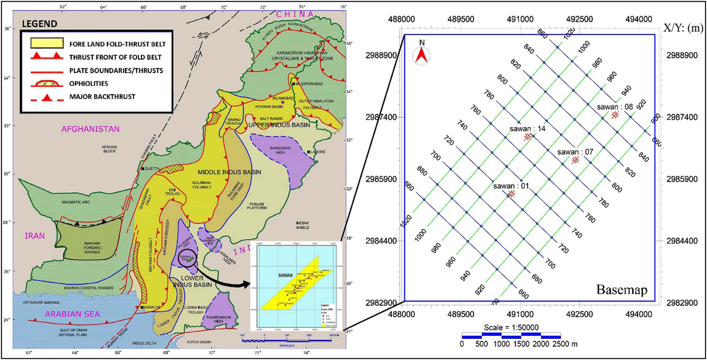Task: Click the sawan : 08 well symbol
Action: pyautogui.click(x=615, y=115)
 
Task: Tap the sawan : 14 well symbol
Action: pyautogui.click(x=527, y=137)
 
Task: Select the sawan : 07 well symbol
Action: pyautogui.click(x=575, y=160)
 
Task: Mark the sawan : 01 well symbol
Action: pyautogui.click(x=511, y=194)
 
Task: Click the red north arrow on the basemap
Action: pyautogui.click(x=421, y=56)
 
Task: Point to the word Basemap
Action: pyautogui.click(x=622, y=290)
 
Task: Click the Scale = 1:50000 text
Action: pyautogui.click(x=511, y=327)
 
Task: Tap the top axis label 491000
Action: pyautogui.click(x=520, y=19)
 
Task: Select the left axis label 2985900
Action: pyautogui.click(x=381, y=179)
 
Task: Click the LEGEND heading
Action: pyautogui.click(x=40, y=24)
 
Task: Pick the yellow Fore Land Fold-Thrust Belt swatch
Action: pyautogui.click(x=47, y=43)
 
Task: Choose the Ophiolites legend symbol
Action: pyautogui.click(x=47, y=83)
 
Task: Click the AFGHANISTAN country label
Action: pyautogui.click(x=90, y=129)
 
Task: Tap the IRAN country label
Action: pyautogui.click(x=35, y=236)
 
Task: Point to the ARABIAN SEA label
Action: pyautogui.click(x=72, y=314)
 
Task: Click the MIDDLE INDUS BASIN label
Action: pyautogui.click(x=229, y=172)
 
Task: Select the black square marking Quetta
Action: pyautogui.click(x=142, y=169)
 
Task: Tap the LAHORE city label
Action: pyautogui.click(x=318, y=152)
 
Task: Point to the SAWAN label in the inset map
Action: pyautogui.click(x=285, y=275)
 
